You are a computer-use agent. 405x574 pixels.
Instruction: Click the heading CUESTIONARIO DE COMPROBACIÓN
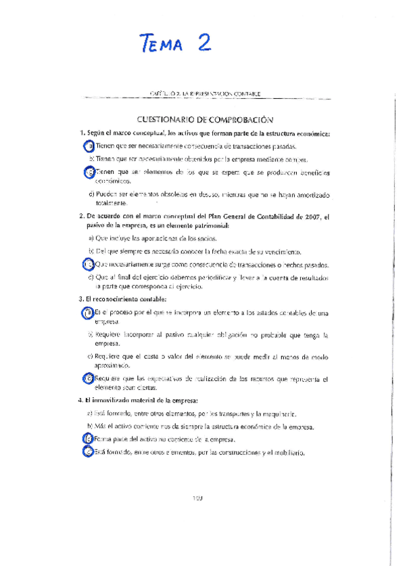coord(204,118)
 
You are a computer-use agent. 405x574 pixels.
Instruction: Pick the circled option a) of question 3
coord(88,312)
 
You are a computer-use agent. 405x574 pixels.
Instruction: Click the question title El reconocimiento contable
coord(126,299)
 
